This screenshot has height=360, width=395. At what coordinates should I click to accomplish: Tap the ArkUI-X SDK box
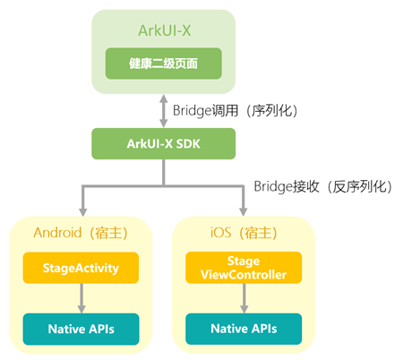point(163,142)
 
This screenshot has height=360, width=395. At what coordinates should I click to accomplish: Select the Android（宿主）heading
point(82,233)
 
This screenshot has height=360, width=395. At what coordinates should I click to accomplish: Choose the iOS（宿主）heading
point(243,233)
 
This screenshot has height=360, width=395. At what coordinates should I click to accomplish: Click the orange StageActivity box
point(82,267)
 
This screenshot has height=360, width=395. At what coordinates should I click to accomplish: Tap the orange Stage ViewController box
point(244,267)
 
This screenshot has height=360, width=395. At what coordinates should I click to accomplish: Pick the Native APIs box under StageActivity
point(82,329)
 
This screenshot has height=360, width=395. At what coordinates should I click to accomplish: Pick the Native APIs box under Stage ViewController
point(244,329)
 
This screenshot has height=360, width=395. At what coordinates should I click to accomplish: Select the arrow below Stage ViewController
point(244,297)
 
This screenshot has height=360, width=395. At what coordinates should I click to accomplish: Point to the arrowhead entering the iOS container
point(244,210)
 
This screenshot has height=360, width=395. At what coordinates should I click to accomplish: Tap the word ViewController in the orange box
point(244,273)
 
